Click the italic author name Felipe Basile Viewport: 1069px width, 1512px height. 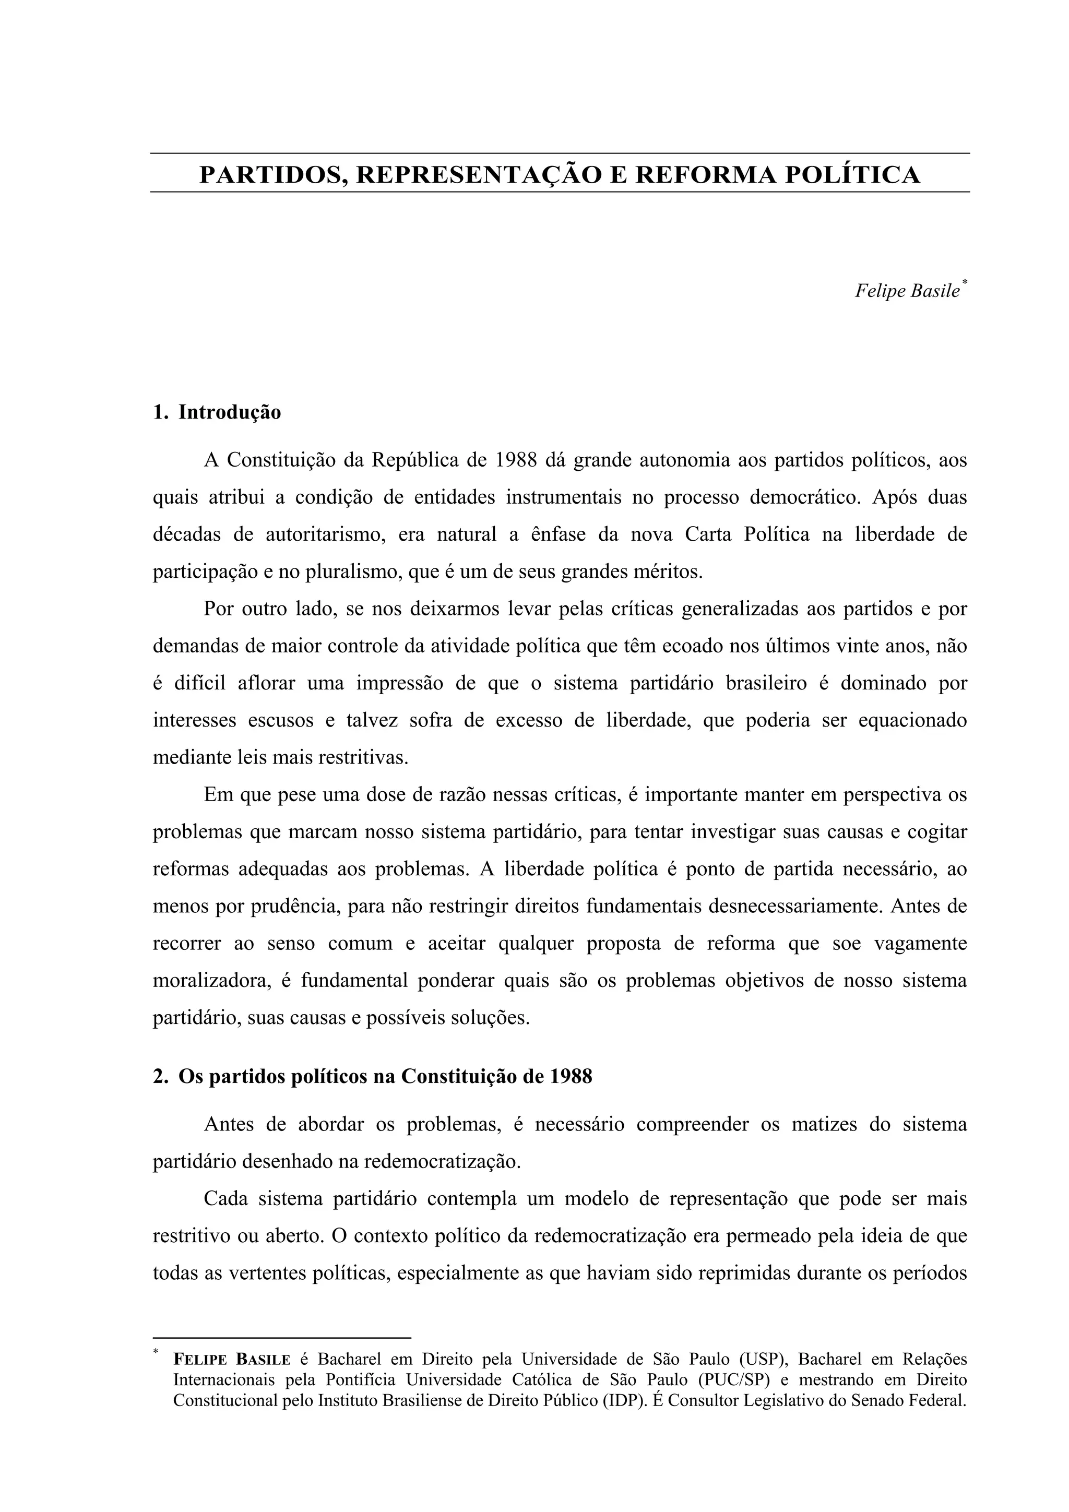point(907,291)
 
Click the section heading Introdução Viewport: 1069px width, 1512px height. point(229,412)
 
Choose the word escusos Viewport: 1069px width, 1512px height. point(281,720)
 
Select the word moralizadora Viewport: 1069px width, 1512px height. point(212,981)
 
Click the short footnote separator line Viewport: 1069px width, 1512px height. point(281,1338)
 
